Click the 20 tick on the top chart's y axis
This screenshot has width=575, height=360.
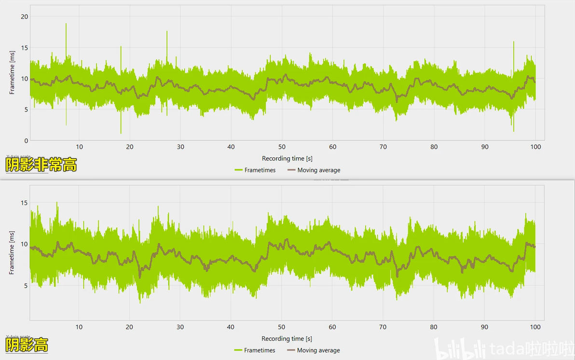pos(25,16)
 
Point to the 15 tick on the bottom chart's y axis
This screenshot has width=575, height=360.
pos(25,203)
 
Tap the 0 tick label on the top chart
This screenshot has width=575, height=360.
pos(27,140)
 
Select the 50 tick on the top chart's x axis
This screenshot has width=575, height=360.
pos(282,147)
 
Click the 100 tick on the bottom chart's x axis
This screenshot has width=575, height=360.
pos(535,327)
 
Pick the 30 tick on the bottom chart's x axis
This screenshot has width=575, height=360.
pos(180,327)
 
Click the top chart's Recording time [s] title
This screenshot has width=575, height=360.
pos(287,158)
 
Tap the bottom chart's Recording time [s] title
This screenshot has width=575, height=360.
pos(287,339)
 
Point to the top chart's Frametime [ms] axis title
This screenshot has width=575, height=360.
pos(13,72)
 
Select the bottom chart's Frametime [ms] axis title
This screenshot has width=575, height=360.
pos(13,252)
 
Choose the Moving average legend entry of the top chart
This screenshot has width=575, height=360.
pos(314,170)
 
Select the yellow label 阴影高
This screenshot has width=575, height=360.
pos(27,345)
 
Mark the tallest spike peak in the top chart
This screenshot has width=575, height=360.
pos(66,24)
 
